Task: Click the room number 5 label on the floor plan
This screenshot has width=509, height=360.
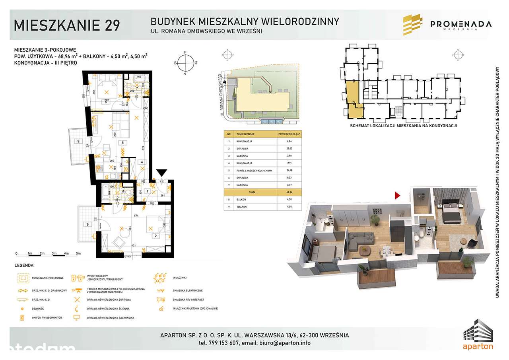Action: pos(123,143)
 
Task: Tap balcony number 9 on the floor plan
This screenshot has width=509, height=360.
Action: pos(78,141)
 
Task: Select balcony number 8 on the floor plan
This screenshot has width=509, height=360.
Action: pos(87,224)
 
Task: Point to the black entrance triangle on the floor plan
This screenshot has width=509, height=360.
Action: pos(161,172)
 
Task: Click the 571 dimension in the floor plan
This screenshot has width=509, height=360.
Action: pos(136,216)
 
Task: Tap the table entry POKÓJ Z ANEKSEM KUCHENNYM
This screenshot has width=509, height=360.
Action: pos(254,170)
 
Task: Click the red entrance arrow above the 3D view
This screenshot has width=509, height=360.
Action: pos(397,195)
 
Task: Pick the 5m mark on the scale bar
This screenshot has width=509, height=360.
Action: pos(78,253)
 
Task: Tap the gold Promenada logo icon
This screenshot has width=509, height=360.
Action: pos(413,25)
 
